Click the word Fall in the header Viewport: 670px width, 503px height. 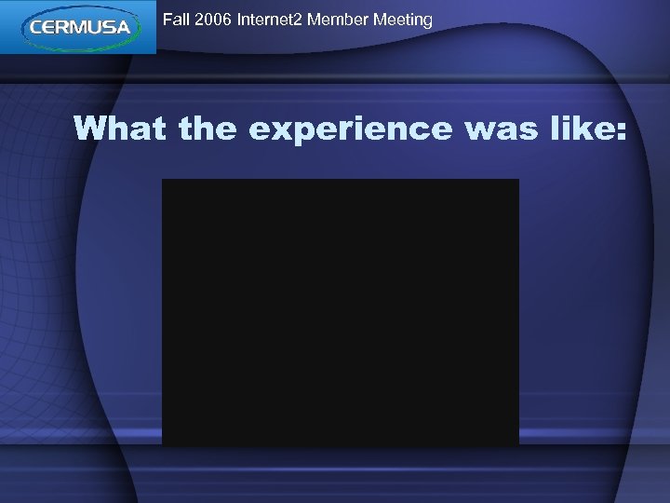176,19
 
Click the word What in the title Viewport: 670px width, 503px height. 121,129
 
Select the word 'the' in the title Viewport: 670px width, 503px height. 208,129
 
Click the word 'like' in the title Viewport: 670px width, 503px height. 576,129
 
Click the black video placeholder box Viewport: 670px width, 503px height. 340,312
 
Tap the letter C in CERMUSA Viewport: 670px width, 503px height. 37,28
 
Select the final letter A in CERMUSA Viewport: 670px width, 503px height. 126,28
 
